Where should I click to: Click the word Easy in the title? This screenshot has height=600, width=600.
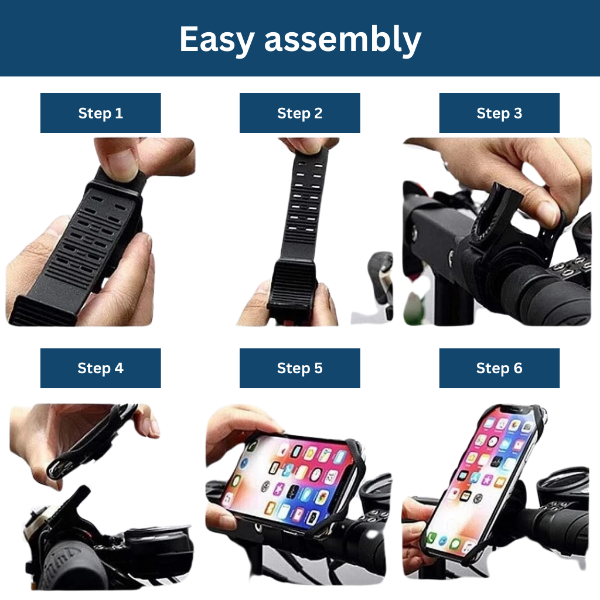pos(217,39)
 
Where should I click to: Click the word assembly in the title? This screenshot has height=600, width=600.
pos(343,39)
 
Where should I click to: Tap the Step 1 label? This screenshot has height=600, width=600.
pos(101,113)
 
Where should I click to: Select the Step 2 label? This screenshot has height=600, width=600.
pos(300,113)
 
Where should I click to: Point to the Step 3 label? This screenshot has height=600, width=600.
pos(499,113)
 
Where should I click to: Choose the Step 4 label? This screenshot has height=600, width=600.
pos(101,368)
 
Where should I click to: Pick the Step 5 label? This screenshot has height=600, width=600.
pos(300,368)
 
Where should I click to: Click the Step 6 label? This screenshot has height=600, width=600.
pos(499,368)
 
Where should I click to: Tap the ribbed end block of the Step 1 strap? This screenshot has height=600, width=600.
pos(38,311)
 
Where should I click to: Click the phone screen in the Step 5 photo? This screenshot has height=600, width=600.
pos(291,480)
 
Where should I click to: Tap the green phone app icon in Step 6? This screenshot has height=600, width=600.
pos(432,538)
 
